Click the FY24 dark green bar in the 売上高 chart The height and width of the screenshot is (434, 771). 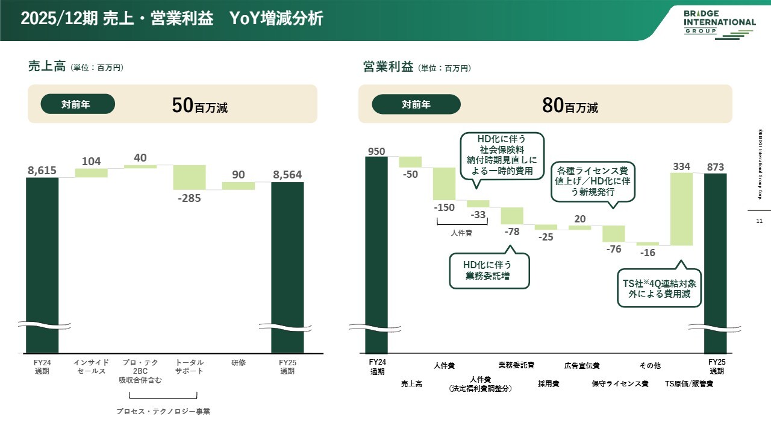(42, 265)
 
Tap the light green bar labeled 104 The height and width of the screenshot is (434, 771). (91, 173)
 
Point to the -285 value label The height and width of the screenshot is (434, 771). (190, 198)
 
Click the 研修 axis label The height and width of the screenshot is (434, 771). (239, 363)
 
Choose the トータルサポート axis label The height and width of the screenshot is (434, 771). (190, 366)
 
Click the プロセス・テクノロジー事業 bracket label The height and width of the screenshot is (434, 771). (163, 412)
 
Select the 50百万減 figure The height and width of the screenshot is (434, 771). (199, 106)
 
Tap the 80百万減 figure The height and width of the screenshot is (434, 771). (570, 106)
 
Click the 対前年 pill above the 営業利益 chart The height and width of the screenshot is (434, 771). (416, 104)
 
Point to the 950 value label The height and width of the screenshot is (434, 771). (376, 151)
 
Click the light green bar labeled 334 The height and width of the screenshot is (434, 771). (682, 209)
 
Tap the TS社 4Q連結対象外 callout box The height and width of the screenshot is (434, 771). (660, 289)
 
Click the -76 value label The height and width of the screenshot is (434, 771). (613, 249)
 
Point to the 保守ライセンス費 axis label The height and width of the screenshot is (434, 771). (620, 384)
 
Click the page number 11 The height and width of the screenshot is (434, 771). (758, 221)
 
